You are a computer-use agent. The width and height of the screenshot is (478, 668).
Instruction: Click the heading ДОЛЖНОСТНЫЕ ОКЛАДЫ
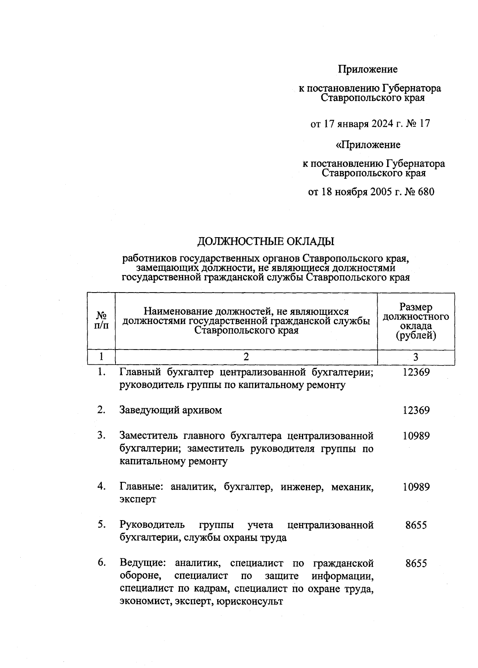pos(266,242)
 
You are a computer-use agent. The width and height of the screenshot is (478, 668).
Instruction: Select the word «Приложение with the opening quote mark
pos(368,145)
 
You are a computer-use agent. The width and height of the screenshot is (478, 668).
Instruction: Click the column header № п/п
pos(101,321)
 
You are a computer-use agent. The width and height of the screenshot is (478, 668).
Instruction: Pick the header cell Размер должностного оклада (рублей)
pos(415,321)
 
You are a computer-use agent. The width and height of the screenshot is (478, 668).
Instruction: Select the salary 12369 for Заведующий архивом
pos(416,410)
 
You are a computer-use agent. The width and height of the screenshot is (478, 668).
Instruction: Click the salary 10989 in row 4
pos(416,487)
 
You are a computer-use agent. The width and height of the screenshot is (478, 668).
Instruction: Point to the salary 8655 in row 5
pos(416,525)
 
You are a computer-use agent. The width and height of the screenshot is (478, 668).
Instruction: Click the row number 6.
pos(101,563)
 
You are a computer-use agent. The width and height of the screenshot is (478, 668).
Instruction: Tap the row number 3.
pos(101,435)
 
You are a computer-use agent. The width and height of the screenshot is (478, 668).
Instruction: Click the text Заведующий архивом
pos(170,410)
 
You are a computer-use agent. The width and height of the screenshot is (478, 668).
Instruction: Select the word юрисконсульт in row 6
pos(250,601)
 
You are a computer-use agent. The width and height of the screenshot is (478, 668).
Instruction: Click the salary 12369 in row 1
pos(416,372)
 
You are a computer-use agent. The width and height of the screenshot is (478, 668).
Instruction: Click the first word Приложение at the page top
pos(368,69)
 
